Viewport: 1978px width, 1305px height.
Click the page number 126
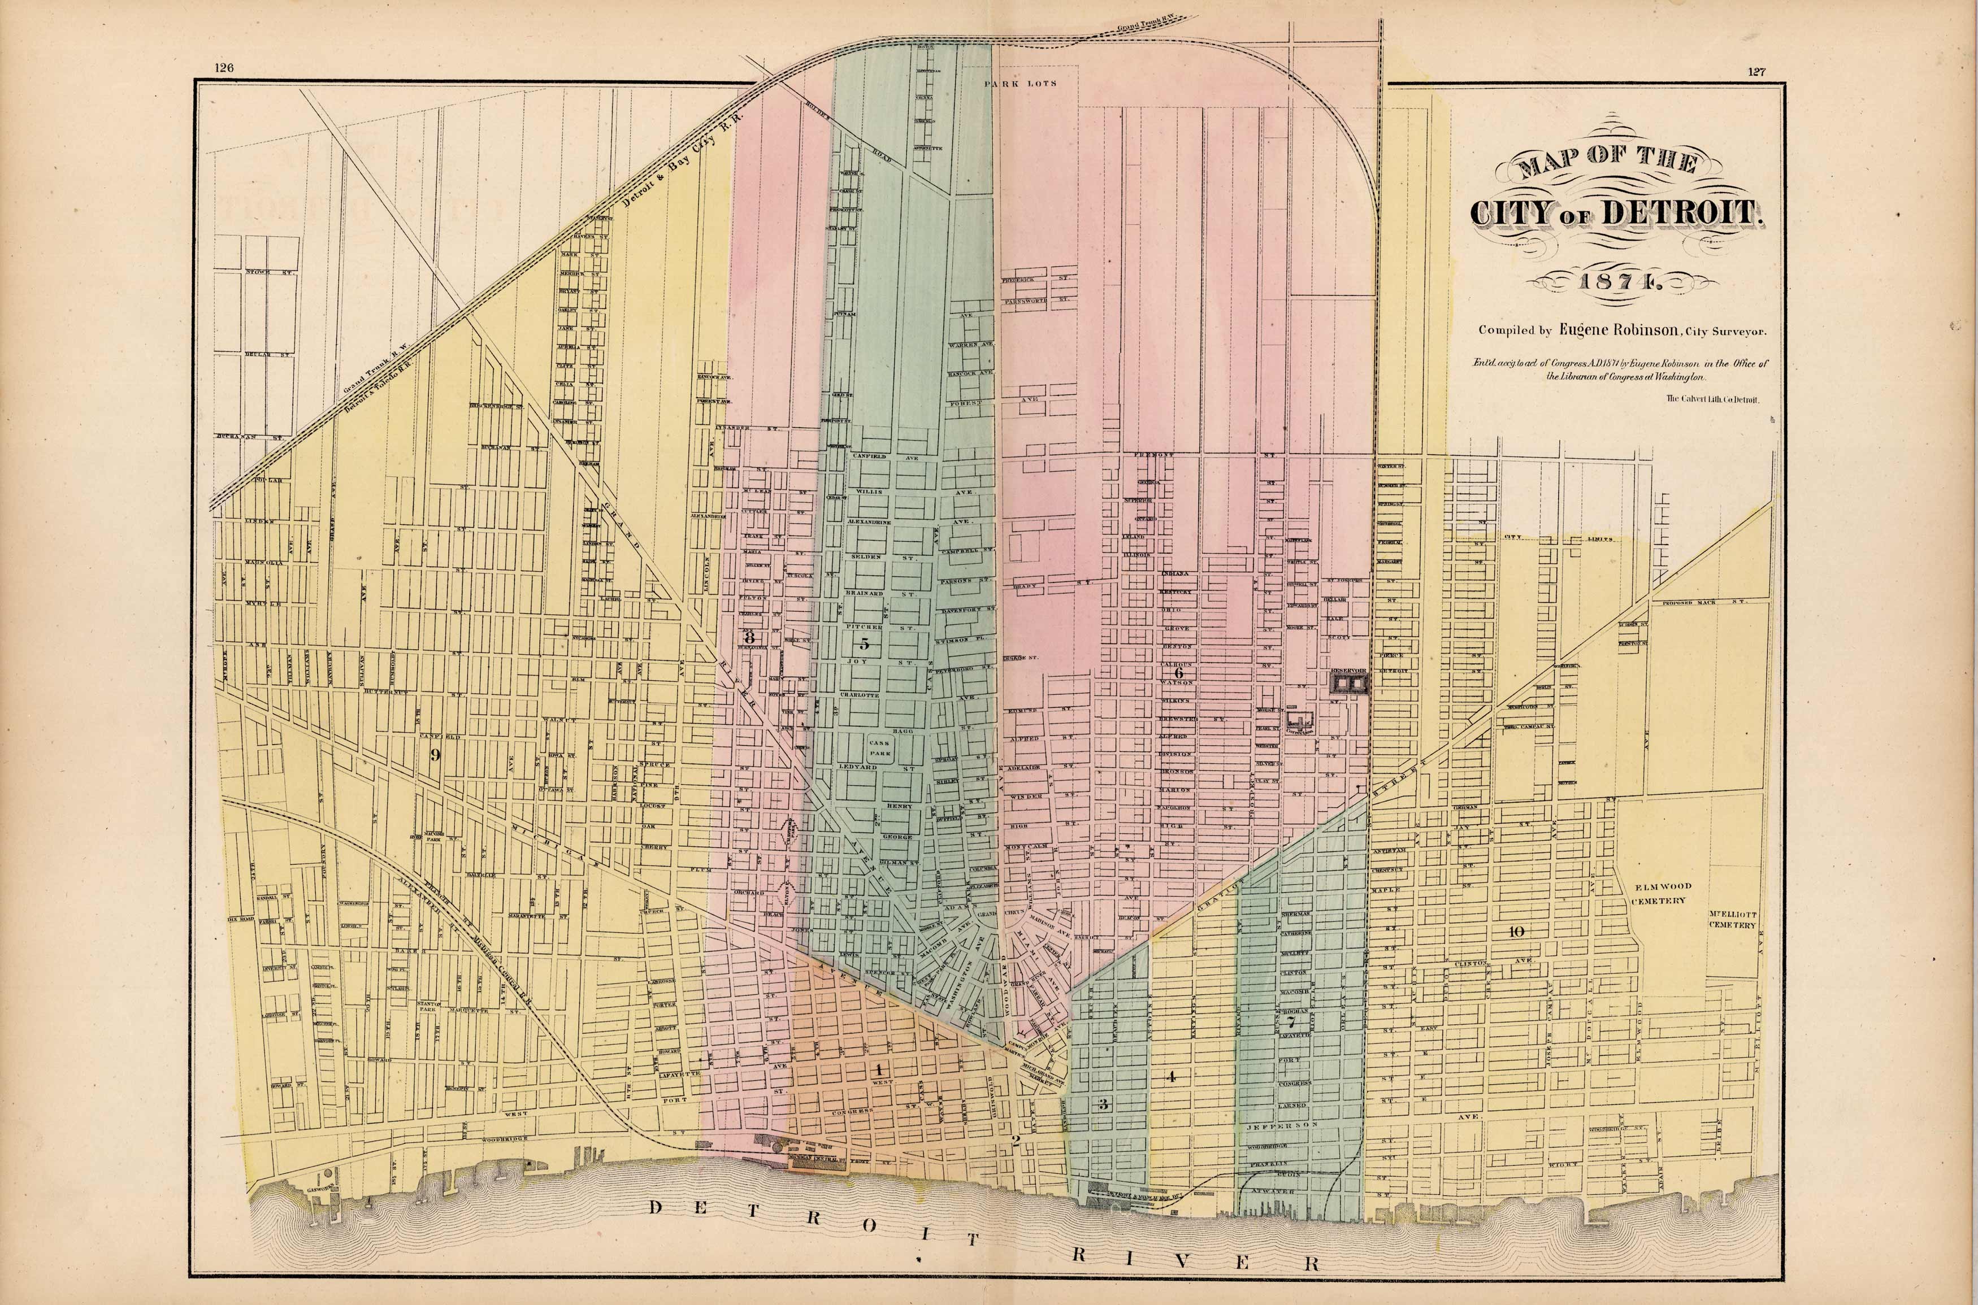(x=223, y=69)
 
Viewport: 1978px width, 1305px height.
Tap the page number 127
(x=1756, y=72)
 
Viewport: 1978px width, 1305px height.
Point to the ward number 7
(x=1290, y=1022)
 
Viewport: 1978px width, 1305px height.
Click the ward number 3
(x=1103, y=1104)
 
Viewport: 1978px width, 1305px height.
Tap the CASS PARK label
(x=879, y=746)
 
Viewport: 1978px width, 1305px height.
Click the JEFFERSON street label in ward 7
(x=1282, y=1124)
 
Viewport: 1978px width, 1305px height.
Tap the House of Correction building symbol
(x=1299, y=721)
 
